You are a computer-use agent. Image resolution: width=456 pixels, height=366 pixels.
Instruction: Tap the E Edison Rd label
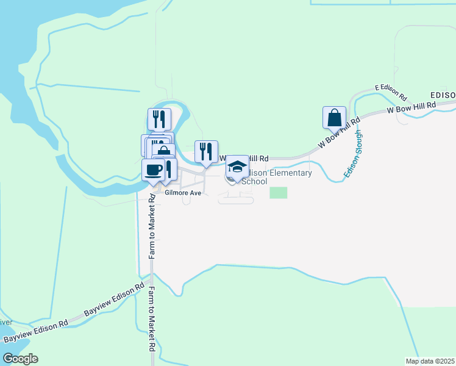tap(391, 91)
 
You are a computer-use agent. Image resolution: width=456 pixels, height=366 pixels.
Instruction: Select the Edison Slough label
tap(353, 154)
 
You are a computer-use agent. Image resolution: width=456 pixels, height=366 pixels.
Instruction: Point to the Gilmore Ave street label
tap(182, 193)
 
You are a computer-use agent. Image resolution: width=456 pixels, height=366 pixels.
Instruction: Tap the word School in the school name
tap(254, 182)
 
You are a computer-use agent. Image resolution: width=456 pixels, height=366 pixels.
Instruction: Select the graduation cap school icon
tap(237, 167)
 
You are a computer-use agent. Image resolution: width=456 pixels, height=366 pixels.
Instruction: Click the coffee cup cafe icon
tap(153, 169)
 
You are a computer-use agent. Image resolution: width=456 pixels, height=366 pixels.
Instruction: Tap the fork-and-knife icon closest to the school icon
tap(206, 151)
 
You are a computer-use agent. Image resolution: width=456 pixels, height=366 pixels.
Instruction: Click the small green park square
tap(278, 192)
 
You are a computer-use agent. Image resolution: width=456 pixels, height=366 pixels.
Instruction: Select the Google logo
tap(20, 359)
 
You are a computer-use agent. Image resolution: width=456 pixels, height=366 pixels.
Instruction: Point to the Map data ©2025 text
tap(430, 361)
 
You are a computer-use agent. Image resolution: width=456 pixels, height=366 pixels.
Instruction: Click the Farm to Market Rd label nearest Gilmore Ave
tap(150, 226)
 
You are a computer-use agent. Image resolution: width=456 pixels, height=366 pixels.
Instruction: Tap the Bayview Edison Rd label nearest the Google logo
tap(35, 332)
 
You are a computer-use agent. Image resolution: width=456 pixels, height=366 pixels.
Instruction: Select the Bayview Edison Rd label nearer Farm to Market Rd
tap(114, 299)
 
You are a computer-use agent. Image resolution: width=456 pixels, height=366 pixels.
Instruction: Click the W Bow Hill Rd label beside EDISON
tap(411, 108)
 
